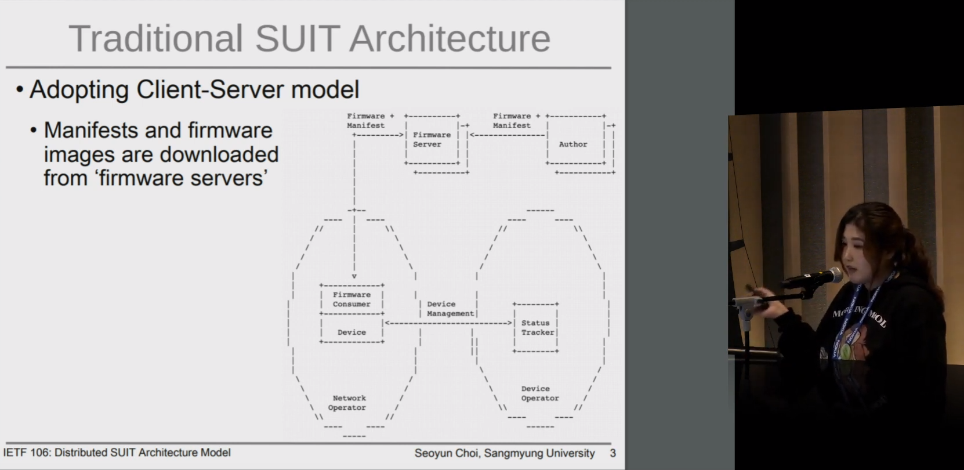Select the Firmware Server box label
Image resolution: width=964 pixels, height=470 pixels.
[432, 139]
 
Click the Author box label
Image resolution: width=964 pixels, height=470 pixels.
[573, 144]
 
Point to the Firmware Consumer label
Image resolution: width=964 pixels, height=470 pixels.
[351, 299]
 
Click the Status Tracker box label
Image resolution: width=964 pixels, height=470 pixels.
[538, 327]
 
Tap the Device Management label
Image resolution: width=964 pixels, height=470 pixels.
[450, 309]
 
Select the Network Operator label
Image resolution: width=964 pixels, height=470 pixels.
[347, 403]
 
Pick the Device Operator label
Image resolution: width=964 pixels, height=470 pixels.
[540, 393]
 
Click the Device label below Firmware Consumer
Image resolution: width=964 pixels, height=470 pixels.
[351, 332]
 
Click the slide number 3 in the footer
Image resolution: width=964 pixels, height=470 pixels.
[613, 453]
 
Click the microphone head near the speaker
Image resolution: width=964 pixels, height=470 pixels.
[833, 275]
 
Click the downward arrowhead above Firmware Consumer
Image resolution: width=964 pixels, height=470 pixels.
[354, 276]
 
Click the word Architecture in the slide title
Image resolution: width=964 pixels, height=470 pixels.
[450, 38]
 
